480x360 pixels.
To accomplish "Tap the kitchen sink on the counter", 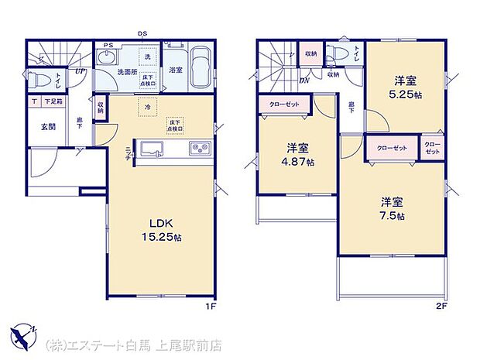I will click(x=153, y=149).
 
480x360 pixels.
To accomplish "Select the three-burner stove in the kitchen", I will click(x=198, y=149).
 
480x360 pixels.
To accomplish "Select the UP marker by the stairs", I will click(x=80, y=71).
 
